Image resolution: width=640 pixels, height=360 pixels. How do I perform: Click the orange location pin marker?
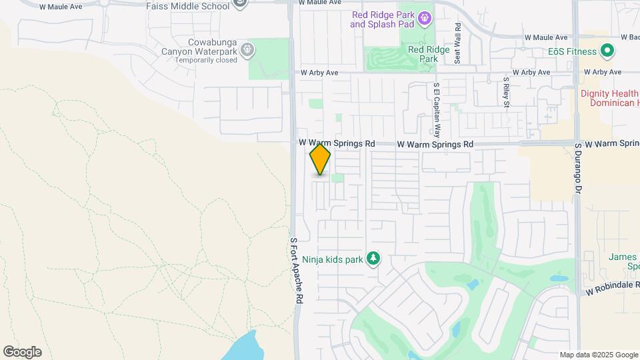pos(320,159)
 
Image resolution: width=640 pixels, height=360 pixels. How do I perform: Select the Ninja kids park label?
pos(332,259)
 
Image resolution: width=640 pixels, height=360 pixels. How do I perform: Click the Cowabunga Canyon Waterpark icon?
pos(248,49)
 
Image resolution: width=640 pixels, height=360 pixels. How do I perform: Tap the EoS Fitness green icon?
pos(607,50)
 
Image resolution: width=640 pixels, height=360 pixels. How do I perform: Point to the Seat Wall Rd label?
pos(458,44)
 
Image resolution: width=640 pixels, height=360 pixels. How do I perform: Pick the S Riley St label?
pos(507,94)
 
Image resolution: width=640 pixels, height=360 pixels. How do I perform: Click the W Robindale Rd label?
pos(613,292)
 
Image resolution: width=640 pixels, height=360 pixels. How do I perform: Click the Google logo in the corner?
pos(22,352)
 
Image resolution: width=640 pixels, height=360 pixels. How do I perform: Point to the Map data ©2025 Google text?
pos(598,355)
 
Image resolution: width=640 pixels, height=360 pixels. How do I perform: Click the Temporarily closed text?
pos(206,60)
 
